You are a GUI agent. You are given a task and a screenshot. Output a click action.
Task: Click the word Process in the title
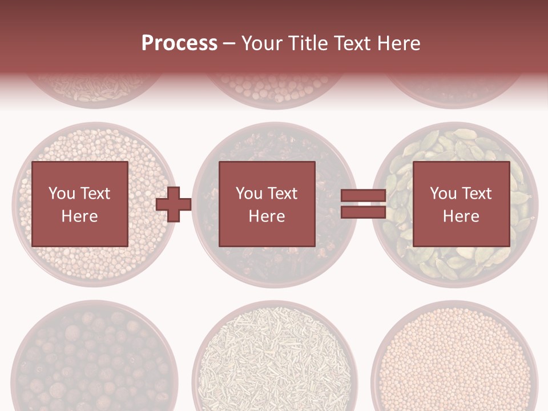pyautogui.click(x=179, y=43)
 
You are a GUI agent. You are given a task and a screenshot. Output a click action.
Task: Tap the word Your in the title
pyautogui.click(x=259, y=43)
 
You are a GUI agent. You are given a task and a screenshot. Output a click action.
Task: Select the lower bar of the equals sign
pyautogui.click(x=363, y=212)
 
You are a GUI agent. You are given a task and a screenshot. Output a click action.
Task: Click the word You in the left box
pyautogui.click(x=62, y=194)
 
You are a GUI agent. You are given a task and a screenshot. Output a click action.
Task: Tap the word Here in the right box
pyautogui.click(x=461, y=216)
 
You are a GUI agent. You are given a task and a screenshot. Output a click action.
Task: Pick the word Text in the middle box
pyautogui.click(x=283, y=194)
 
